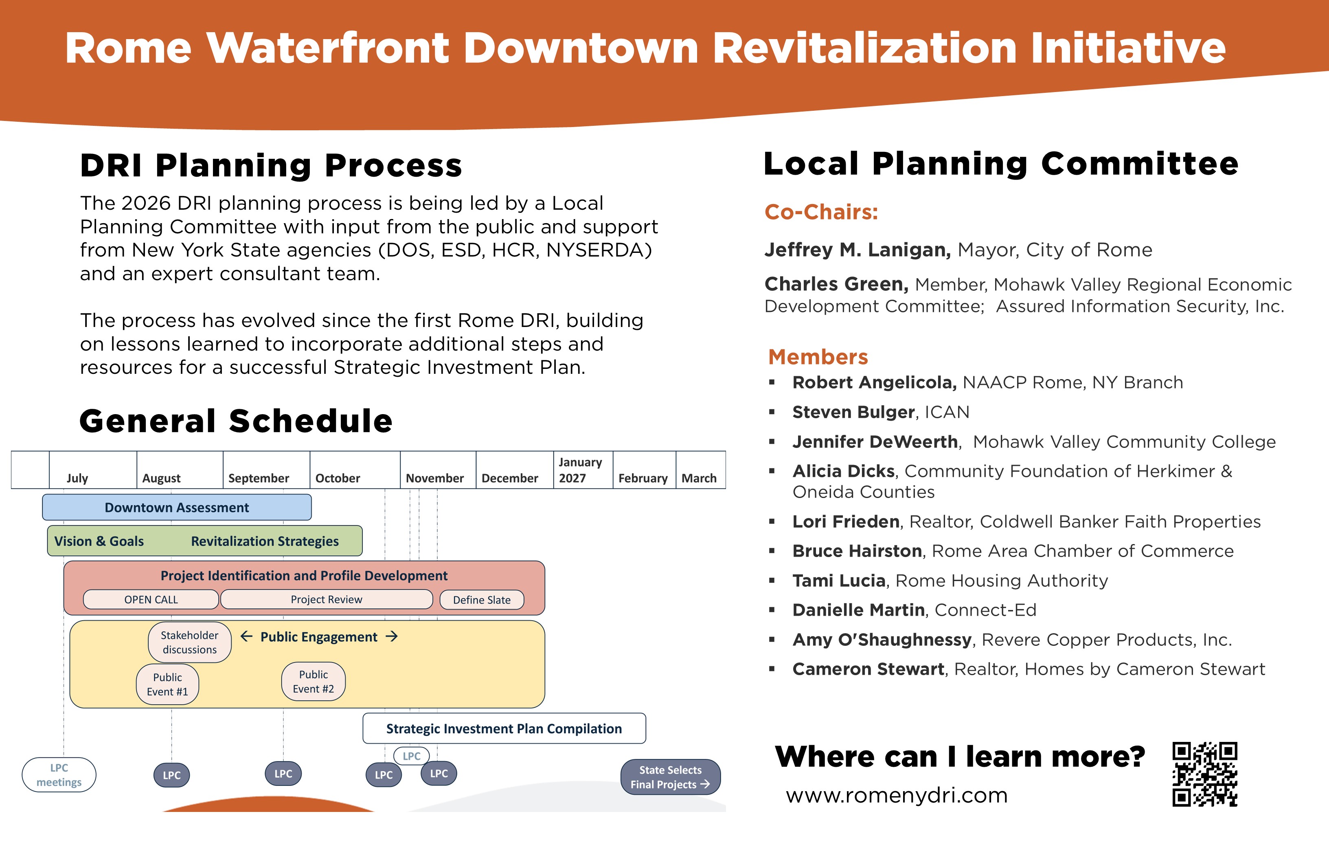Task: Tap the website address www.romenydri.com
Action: (x=897, y=795)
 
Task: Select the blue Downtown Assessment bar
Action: (x=177, y=507)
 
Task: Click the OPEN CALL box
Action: (x=151, y=599)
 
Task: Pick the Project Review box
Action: (x=327, y=599)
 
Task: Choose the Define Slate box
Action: (x=482, y=600)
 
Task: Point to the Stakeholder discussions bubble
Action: (x=190, y=642)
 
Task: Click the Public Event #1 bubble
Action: (x=167, y=684)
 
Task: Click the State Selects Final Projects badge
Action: (x=671, y=777)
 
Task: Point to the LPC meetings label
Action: (x=59, y=774)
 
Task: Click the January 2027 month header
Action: (x=581, y=469)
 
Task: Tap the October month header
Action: (x=338, y=478)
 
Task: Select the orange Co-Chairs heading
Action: (x=821, y=212)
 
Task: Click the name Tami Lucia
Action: (x=839, y=581)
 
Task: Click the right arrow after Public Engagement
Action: (x=392, y=636)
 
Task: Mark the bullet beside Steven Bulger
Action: (x=772, y=412)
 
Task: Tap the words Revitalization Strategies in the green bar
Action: (x=265, y=541)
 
